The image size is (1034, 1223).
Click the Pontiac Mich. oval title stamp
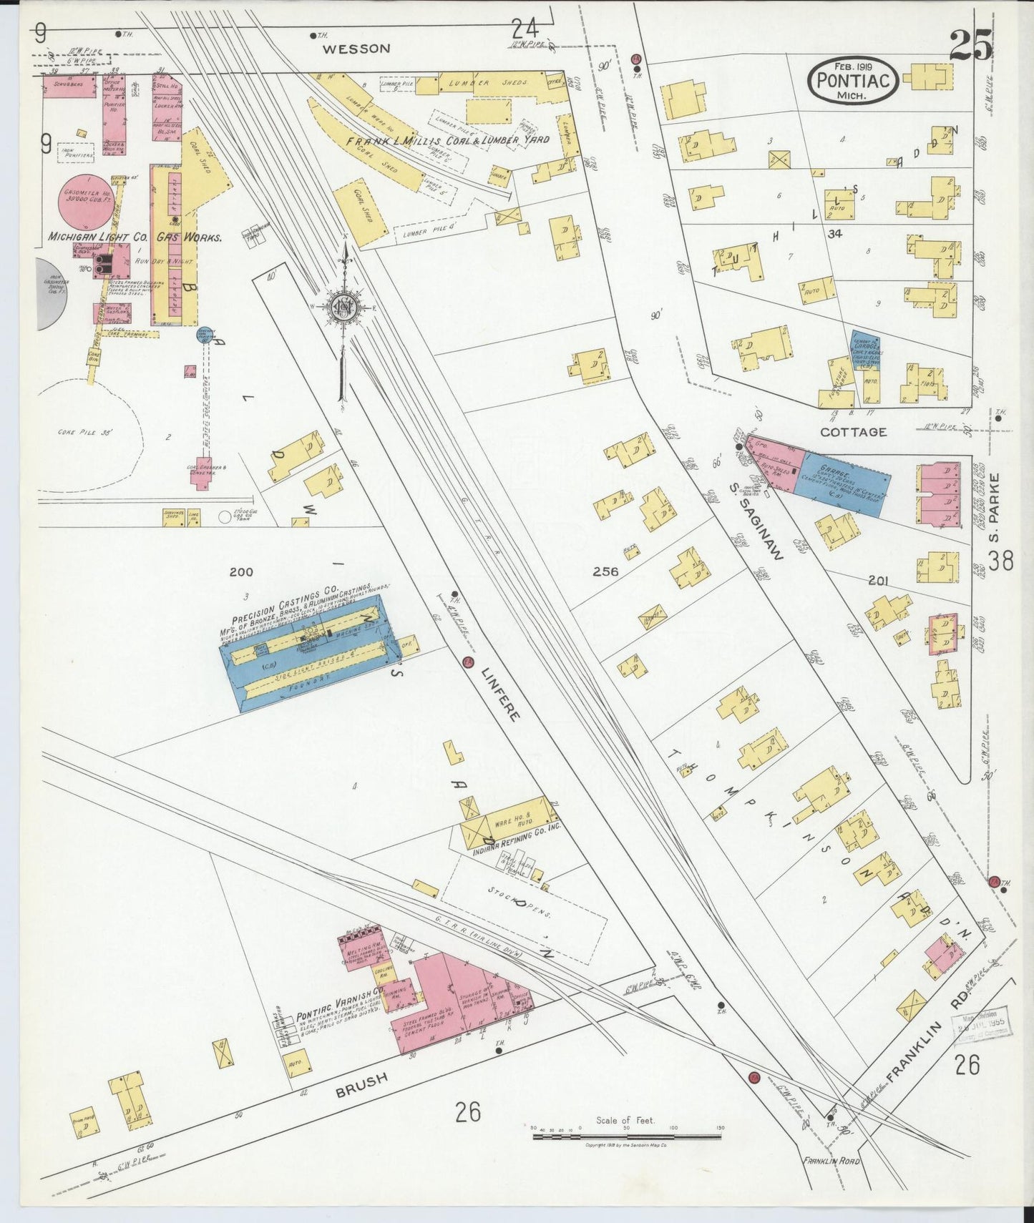coord(854,80)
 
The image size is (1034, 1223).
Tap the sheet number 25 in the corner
coord(970,46)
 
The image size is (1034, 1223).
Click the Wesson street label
coord(356,49)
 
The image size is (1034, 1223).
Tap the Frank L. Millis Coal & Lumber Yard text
coord(448,141)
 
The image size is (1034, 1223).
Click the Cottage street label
coord(853,432)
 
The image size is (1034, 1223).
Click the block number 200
coord(241,571)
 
